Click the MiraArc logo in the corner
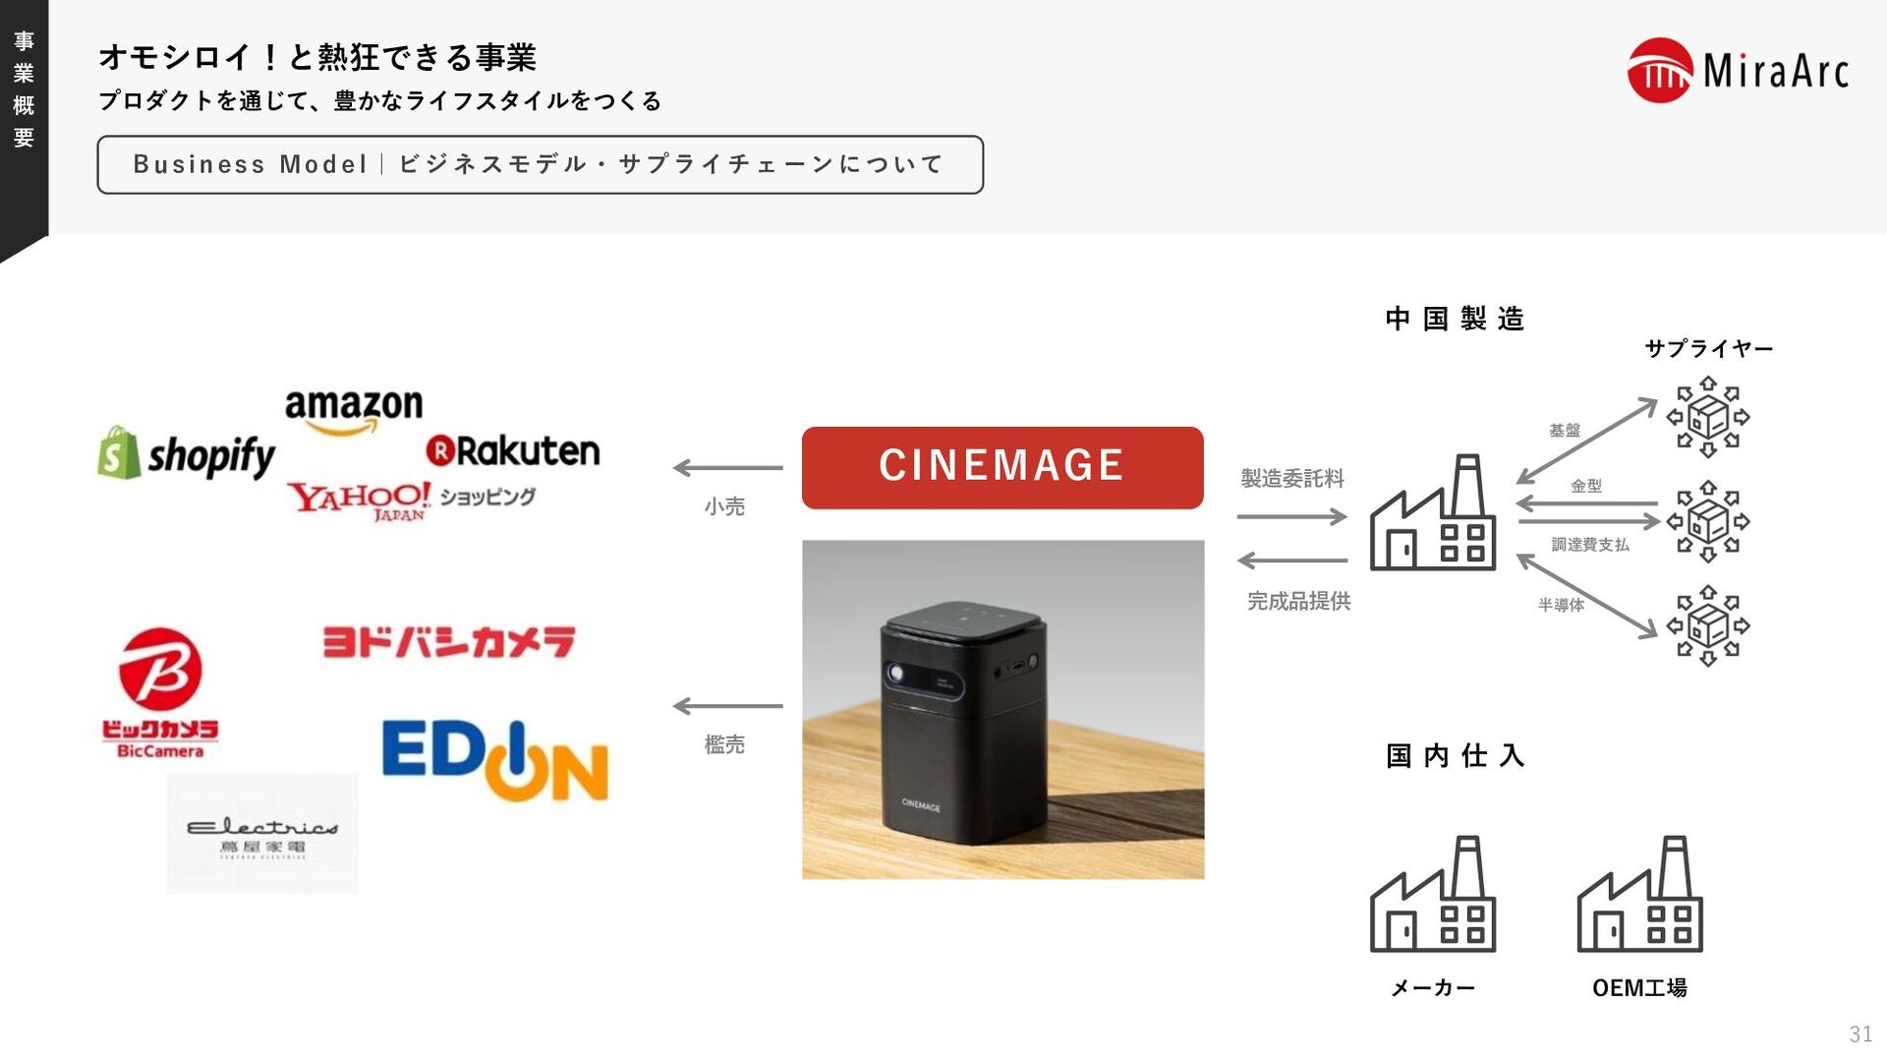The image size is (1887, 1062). click(x=1738, y=70)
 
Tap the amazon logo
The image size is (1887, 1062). click(x=354, y=410)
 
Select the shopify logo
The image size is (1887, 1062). click(x=187, y=455)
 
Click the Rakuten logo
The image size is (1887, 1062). click(x=512, y=451)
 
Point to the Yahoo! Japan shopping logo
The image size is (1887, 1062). click(x=411, y=500)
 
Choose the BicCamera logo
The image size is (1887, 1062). click(x=160, y=693)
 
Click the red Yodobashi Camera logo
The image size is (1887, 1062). click(x=449, y=641)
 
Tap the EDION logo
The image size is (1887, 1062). click(x=494, y=760)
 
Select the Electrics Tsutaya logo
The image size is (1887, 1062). click(x=262, y=834)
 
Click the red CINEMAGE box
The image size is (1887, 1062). click(x=1002, y=467)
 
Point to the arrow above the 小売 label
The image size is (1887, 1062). click(x=727, y=468)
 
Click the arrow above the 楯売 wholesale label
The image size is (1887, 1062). click(x=727, y=706)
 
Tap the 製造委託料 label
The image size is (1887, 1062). click(x=1292, y=479)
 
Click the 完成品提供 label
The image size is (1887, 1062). click(x=1298, y=601)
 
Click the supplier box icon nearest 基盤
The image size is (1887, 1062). click(x=1708, y=417)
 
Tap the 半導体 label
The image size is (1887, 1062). click(x=1561, y=605)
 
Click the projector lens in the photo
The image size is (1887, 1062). click(x=896, y=674)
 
